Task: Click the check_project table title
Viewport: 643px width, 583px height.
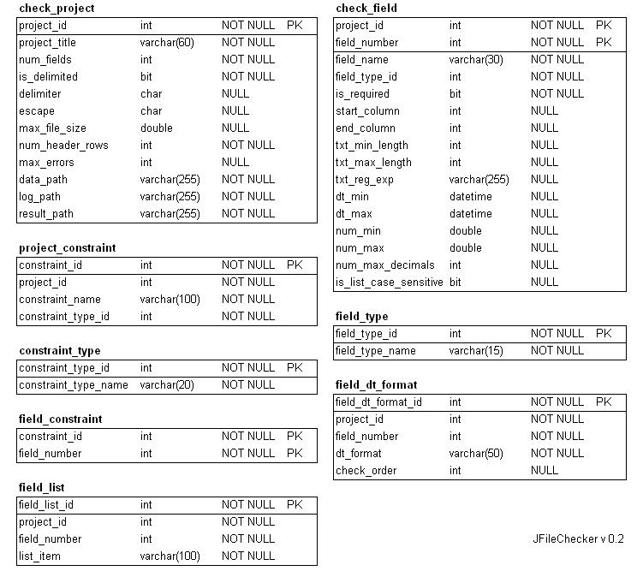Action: (x=57, y=9)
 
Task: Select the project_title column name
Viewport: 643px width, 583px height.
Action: (x=47, y=43)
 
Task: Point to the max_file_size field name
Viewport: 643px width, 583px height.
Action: (x=52, y=128)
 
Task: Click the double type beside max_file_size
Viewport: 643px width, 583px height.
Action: (x=157, y=128)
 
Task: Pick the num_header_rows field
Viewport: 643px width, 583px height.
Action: (x=63, y=146)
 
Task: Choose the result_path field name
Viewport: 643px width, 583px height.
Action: (x=46, y=214)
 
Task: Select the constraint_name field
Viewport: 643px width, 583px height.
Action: (x=60, y=300)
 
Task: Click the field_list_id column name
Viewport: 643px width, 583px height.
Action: (x=46, y=505)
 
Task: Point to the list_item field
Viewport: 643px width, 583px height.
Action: (x=39, y=556)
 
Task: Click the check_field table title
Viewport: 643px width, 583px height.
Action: (x=366, y=9)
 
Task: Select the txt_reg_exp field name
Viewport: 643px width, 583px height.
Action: (x=365, y=180)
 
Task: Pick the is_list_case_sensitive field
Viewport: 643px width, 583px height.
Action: (x=390, y=283)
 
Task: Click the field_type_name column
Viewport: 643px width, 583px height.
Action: (x=375, y=351)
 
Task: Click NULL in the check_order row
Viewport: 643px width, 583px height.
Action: (x=545, y=471)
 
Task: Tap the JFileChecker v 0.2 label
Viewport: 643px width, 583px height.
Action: (x=578, y=539)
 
